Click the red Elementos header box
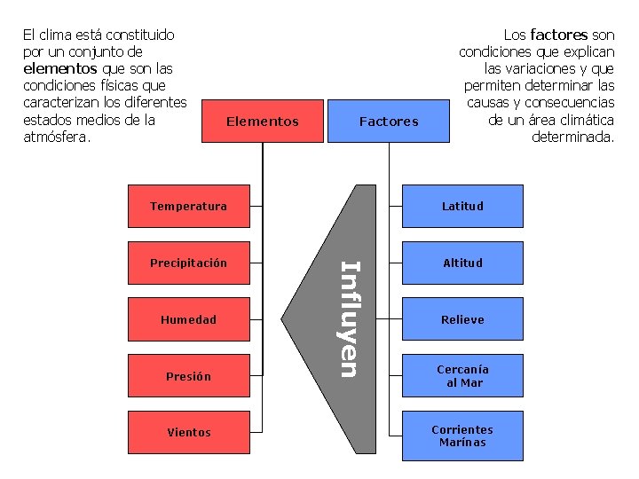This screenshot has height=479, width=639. coord(263,121)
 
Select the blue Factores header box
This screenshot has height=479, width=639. coord(388,121)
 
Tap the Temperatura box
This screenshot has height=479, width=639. coord(188,206)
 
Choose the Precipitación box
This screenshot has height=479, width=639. coord(188,263)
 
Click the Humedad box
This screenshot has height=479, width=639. coord(188,319)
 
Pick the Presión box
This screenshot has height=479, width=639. coord(188,376)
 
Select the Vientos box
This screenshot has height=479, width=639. coord(188,433)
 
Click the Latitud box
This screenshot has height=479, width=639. coord(462,206)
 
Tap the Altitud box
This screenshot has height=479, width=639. coord(462,263)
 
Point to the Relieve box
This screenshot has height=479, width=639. coord(462,319)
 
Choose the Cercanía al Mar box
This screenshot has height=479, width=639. coord(462,376)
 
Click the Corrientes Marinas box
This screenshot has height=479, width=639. coord(462,436)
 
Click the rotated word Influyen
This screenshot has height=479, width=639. coord(350,318)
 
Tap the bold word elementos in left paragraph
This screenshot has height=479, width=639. coord(60,68)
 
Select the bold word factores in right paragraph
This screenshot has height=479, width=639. coord(558,35)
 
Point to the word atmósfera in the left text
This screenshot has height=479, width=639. coord(57,137)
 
